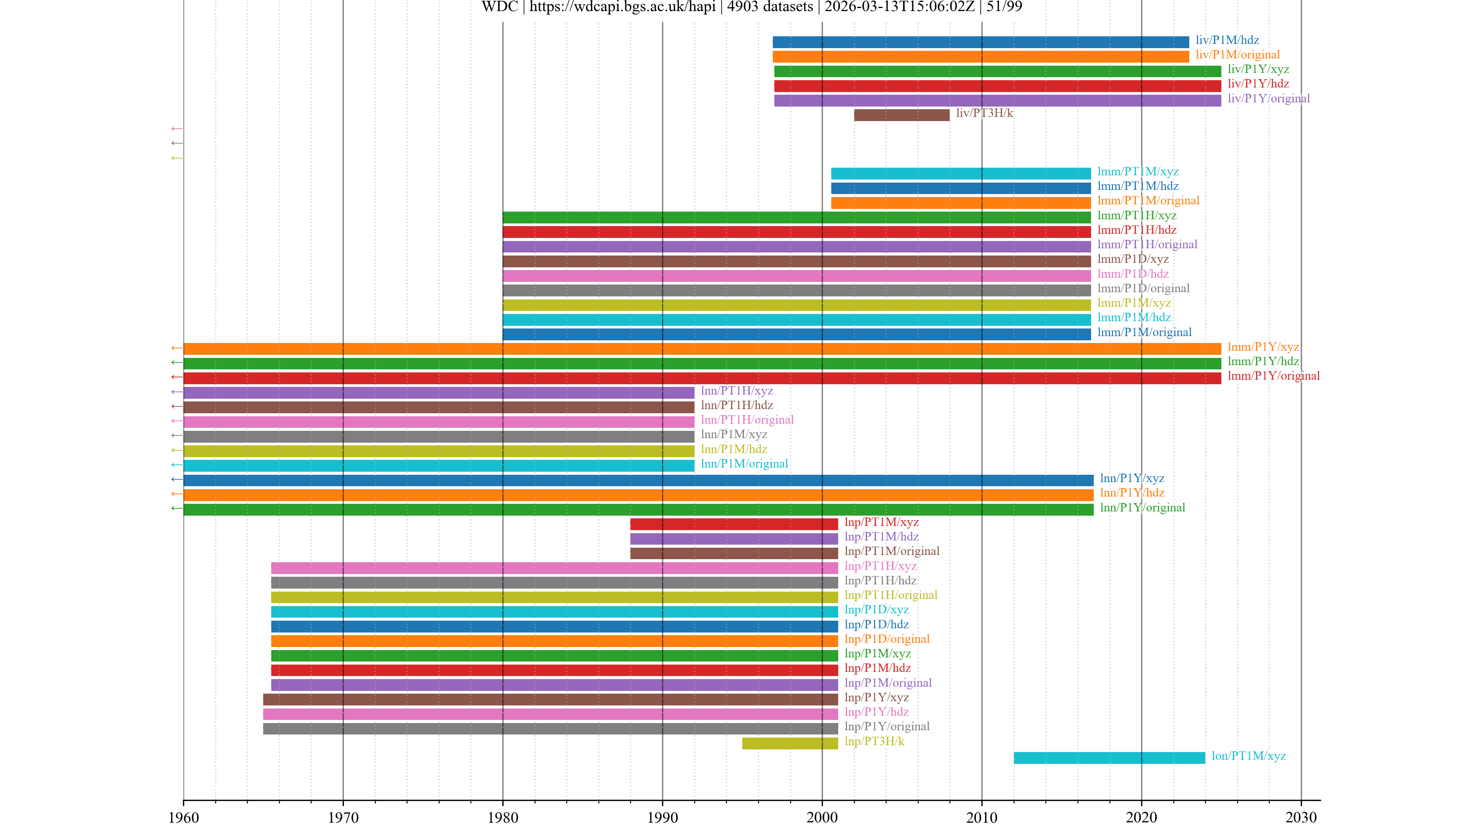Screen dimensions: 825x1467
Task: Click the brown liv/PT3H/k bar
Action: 902,115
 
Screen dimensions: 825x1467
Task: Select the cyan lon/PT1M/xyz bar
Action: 1109,758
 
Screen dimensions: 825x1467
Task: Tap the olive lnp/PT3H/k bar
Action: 790,743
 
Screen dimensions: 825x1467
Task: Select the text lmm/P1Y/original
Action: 1273,376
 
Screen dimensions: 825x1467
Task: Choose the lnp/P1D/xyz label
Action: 876,610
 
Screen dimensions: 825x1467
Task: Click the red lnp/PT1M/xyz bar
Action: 734,524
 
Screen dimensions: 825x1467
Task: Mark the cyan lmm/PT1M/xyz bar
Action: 961,174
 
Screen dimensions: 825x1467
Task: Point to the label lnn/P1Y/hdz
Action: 1132,492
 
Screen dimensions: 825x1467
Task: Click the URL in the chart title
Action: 622,7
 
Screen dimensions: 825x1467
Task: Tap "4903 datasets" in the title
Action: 770,7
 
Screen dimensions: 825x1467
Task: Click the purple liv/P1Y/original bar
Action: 997,100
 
